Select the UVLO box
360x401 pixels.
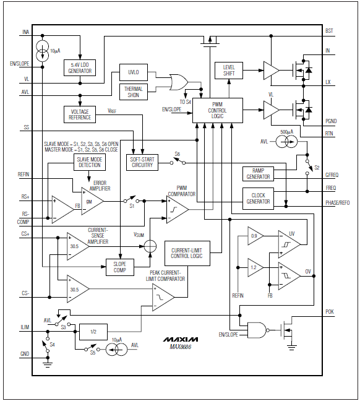click(133, 72)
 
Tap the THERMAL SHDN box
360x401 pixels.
click(133, 92)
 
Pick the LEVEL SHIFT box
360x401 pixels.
click(229, 70)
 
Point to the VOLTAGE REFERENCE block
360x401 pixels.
click(80, 114)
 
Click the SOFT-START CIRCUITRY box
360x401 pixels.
click(142, 162)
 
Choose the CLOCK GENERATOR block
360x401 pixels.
click(258, 197)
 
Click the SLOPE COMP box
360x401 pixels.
click(119, 267)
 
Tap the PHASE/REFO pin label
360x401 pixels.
click(337, 203)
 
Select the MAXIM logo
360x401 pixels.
click(181, 340)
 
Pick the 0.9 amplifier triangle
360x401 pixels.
click(254, 236)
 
